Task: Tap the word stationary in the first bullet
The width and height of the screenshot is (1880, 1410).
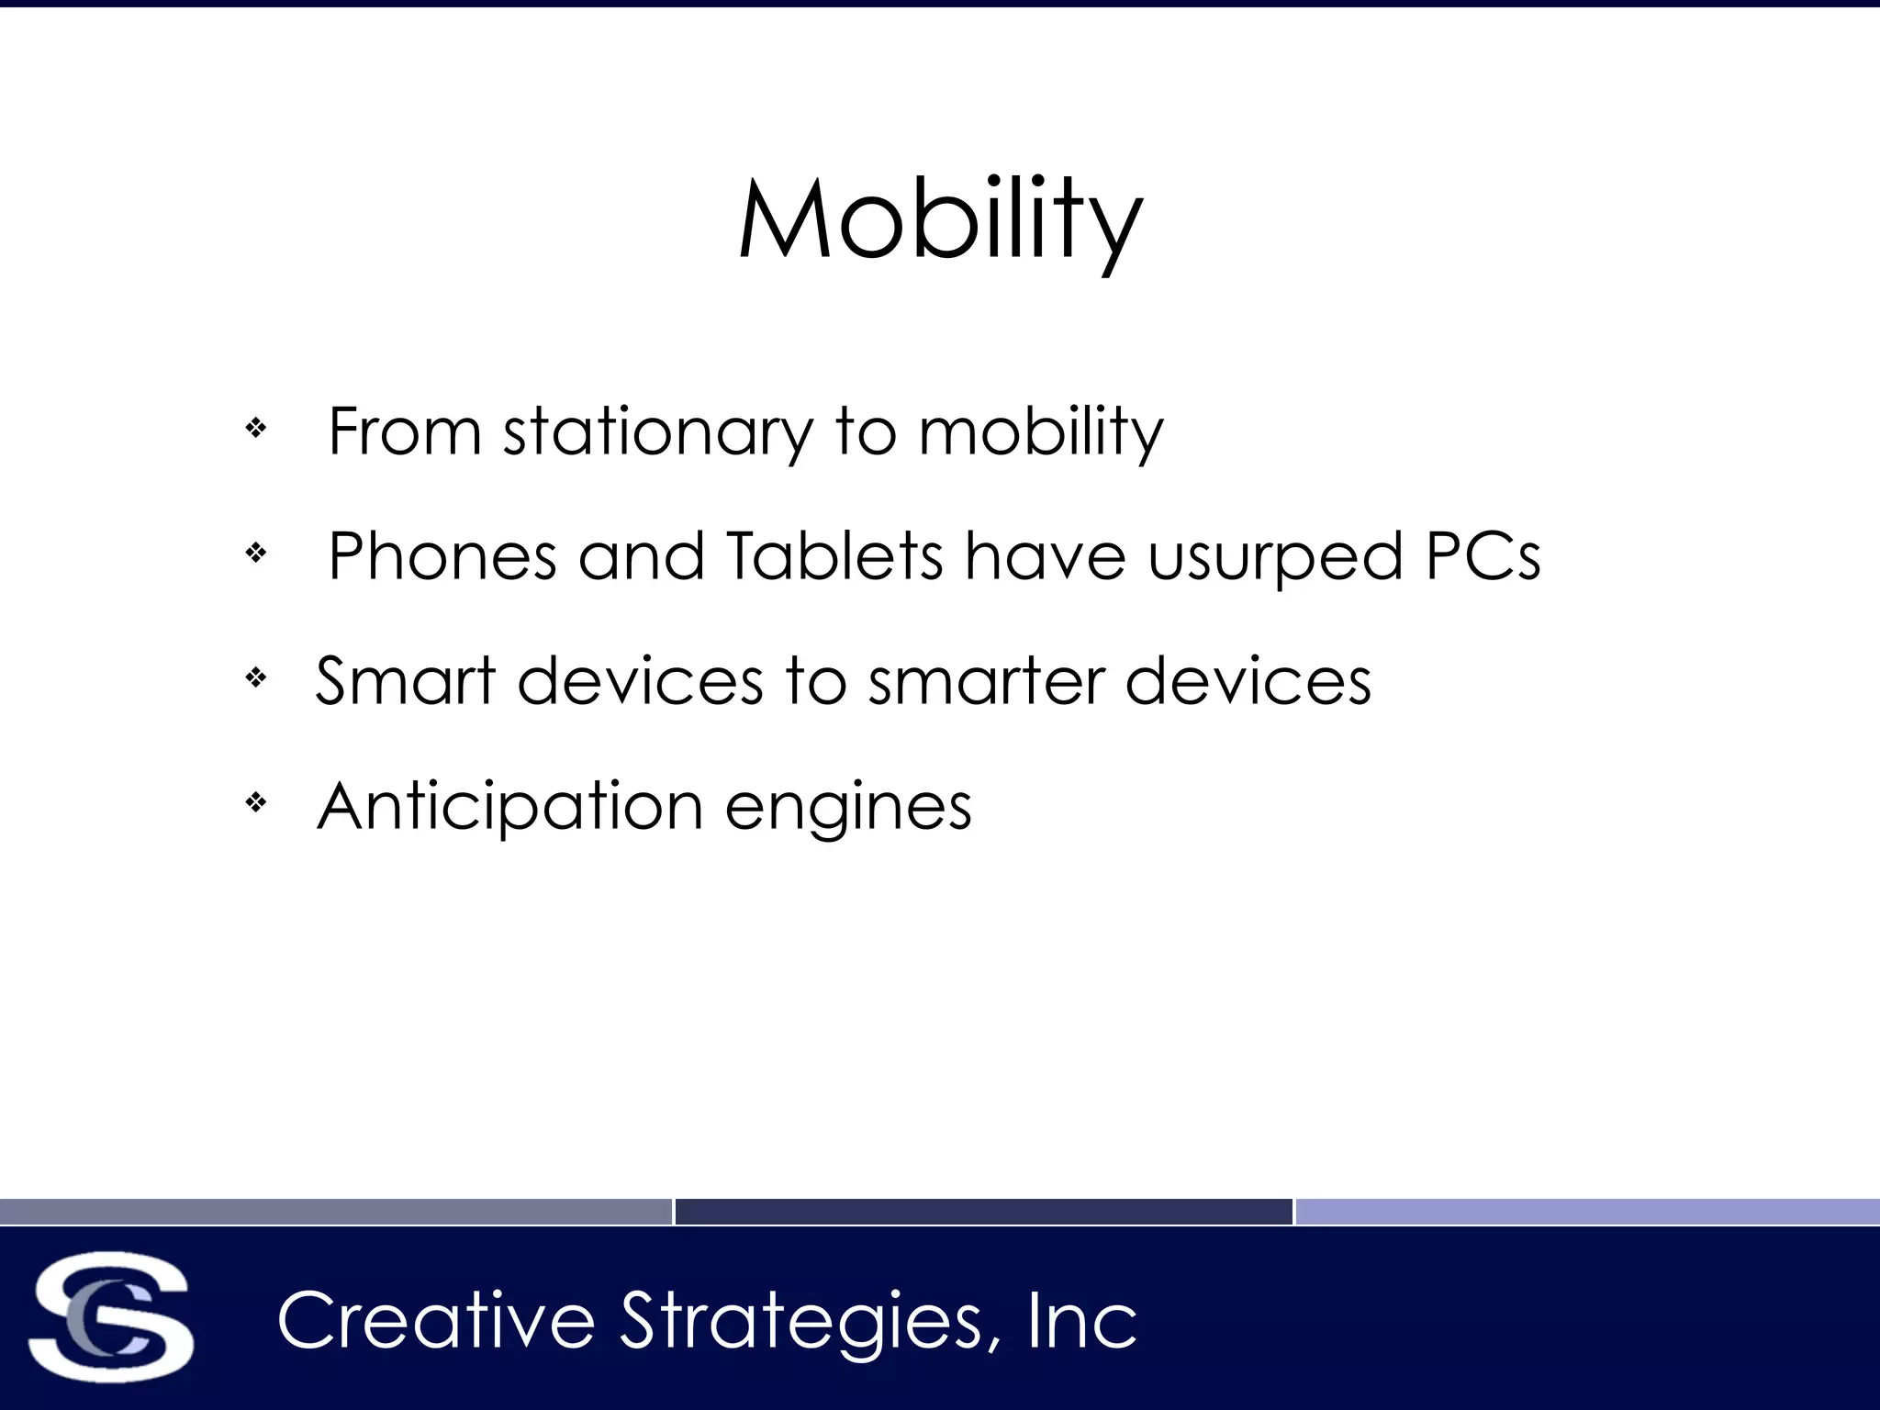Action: (x=657, y=431)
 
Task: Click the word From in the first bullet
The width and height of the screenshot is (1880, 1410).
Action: (x=405, y=431)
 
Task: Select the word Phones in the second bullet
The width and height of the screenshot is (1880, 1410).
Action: (x=442, y=556)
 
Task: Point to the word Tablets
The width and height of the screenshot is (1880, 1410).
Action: (x=834, y=556)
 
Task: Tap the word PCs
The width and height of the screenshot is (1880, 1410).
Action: (x=1483, y=556)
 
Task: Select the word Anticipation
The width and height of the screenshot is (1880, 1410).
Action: (x=509, y=807)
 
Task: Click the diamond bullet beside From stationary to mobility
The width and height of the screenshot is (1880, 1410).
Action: (x=256, y=428)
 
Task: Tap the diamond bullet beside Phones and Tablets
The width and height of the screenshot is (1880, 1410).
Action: (x=256, y=553)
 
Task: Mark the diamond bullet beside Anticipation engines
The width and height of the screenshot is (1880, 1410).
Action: (x=256, y=803)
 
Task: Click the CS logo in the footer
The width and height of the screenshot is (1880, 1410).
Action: (x=110, y=1316)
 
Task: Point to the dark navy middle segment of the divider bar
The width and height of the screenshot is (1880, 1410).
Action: (x=983, y=1212)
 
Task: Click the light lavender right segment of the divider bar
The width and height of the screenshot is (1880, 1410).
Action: (x=1587, y=1212)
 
